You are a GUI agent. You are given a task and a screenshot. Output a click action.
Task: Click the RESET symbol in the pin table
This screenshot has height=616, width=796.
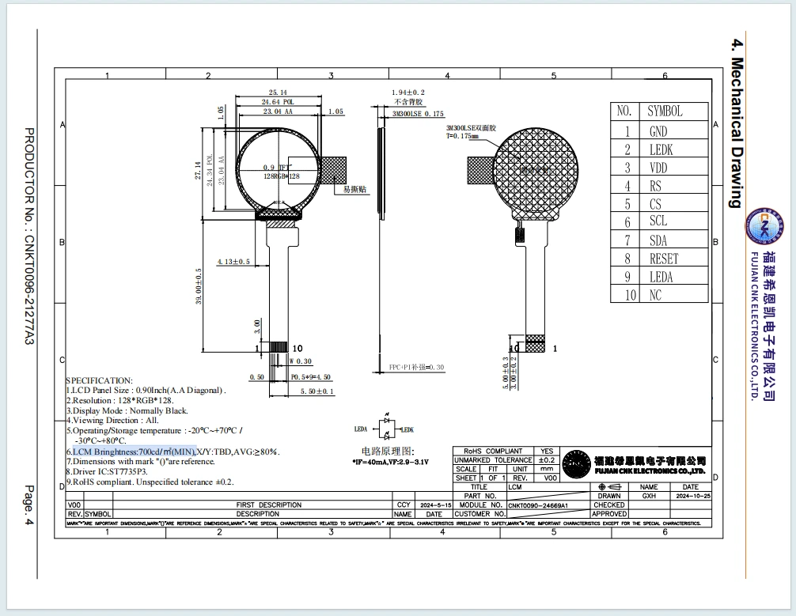663,259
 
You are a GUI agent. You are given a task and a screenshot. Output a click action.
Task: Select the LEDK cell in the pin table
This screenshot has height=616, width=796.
661,149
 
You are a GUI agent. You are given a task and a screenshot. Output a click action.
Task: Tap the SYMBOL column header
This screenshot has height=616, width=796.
665,111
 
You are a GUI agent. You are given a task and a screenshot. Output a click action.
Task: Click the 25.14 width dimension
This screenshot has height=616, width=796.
278,93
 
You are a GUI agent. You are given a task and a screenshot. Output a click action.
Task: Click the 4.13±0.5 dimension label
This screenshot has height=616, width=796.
233,261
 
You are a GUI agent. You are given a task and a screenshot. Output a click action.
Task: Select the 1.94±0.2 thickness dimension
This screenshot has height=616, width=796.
407,93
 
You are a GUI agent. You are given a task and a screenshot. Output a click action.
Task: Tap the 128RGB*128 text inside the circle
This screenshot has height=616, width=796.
281,176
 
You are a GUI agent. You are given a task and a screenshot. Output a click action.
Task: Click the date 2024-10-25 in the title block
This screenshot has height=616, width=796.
691,496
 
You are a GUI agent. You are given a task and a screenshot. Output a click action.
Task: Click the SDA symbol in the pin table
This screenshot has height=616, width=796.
658,240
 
